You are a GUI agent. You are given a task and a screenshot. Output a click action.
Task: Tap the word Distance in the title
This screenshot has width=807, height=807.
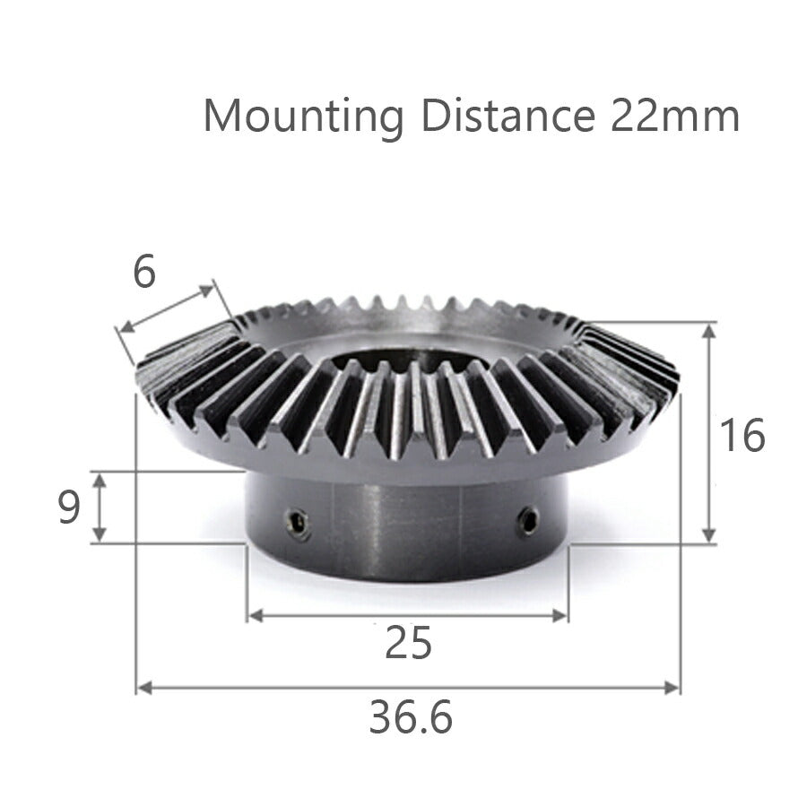507,116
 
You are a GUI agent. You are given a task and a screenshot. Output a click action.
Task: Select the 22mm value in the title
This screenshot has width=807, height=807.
675,116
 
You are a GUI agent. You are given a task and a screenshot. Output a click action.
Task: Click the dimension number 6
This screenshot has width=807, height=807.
143,273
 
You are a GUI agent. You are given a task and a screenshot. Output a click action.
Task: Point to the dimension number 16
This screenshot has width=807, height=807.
742,436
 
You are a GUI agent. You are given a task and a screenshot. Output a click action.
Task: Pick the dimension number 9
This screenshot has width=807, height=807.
68,508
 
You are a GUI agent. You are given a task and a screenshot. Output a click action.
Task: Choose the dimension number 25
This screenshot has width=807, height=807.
408,643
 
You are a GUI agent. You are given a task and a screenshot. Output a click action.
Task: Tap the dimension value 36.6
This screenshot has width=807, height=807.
410,717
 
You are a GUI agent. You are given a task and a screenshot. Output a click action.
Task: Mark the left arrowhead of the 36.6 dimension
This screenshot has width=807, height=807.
141,688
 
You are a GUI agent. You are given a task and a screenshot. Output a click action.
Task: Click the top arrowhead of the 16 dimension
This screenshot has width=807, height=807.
709,330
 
